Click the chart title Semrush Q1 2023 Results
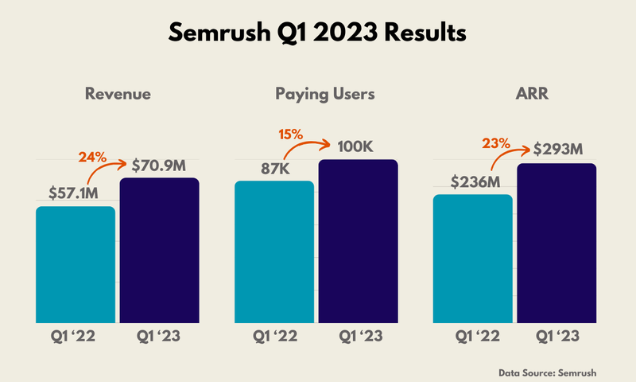click(318, 34)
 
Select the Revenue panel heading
click(118, 95)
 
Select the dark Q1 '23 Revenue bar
click(159, 251)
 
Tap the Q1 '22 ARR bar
click(473, 259)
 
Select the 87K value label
click(274, 168)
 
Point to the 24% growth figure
click(92, 156)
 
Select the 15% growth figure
click(290, 134)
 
